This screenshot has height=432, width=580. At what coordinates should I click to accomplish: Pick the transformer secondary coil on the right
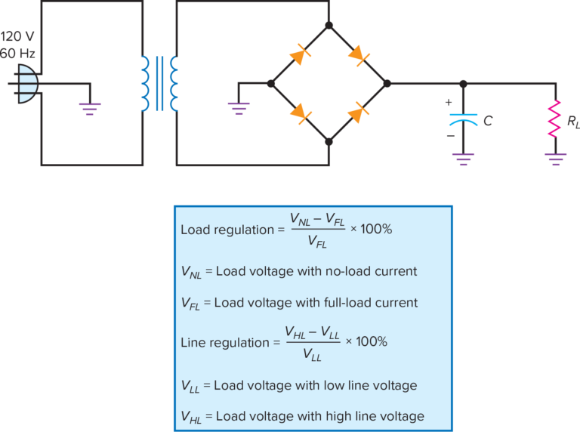(x=174, y=83)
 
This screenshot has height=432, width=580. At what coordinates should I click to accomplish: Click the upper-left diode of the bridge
(x=300, y=54)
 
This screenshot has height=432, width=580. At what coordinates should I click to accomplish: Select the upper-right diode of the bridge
(x=357, y=54)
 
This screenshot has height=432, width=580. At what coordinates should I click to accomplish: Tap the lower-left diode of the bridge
(x=300, y=113)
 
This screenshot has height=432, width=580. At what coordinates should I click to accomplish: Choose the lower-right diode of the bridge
(x=357, y=113)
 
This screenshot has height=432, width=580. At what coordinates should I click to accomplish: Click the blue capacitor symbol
(x=464, y=119)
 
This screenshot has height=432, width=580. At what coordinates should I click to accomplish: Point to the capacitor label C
(x=489, y=121)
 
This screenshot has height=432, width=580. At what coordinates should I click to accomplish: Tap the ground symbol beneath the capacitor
(x=464, y=159)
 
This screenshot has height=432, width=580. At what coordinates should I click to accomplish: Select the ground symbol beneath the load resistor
(x=557, y=159)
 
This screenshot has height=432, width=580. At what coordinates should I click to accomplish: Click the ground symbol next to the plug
(x=91, y=109)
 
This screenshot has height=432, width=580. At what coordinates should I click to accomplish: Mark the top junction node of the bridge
(x=329, y=25)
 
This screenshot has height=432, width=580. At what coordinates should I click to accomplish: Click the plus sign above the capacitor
(x=449, y=102)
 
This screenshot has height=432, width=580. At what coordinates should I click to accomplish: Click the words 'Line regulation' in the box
(x=224, y=342)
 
